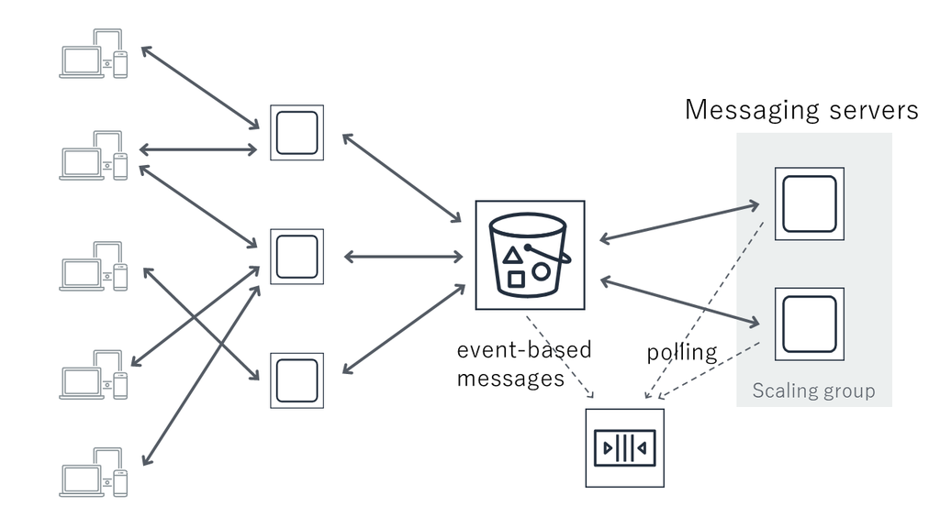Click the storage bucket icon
[530, 255]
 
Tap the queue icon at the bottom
[624, 447]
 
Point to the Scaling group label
[813, 390]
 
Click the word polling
[682, 353]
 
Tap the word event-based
[524, 349]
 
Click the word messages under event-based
[510, 379]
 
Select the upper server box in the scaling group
[810, 203]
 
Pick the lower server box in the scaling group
[810, 324]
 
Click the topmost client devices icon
[94, 53]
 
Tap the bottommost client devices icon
[94, 472]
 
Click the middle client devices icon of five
[94, 267]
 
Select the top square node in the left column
[297, 133]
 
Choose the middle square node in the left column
[297, 257]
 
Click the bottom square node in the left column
[297, 380]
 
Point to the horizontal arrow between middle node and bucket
[404, 257]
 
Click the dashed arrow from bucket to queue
[560, 357]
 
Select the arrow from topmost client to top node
[200, 88]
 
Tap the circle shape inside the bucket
[541, 271]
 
